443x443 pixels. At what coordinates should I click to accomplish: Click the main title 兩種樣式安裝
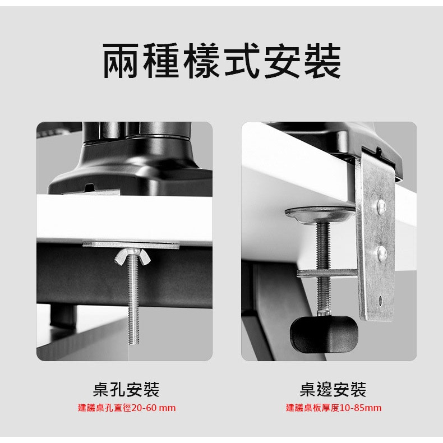click(222, 61)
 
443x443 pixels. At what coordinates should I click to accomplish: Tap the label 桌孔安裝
click(126, 389)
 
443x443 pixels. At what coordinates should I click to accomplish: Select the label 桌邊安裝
click(333, 389)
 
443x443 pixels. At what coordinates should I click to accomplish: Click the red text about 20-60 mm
click(127, 408)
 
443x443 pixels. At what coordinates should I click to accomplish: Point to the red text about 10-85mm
click(334, 408)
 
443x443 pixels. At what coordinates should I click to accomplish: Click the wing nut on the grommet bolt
click(132, 256)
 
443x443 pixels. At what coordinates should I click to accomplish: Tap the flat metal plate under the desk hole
click(131, 244)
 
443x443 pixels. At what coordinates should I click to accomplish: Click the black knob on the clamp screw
click(324, 334)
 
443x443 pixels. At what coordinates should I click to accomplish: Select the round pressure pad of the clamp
click(320, 214)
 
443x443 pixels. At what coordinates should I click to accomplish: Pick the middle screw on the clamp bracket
click(381, 252)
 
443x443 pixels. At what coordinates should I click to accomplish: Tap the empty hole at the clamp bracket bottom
click(381, 299)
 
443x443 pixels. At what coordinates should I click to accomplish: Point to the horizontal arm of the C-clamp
click(327, 273)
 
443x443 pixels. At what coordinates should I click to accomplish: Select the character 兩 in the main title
click(121, 61)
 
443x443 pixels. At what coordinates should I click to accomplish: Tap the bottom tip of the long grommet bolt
click(133, 343)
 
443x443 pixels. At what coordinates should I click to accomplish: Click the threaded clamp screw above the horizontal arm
click(323, 246)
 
